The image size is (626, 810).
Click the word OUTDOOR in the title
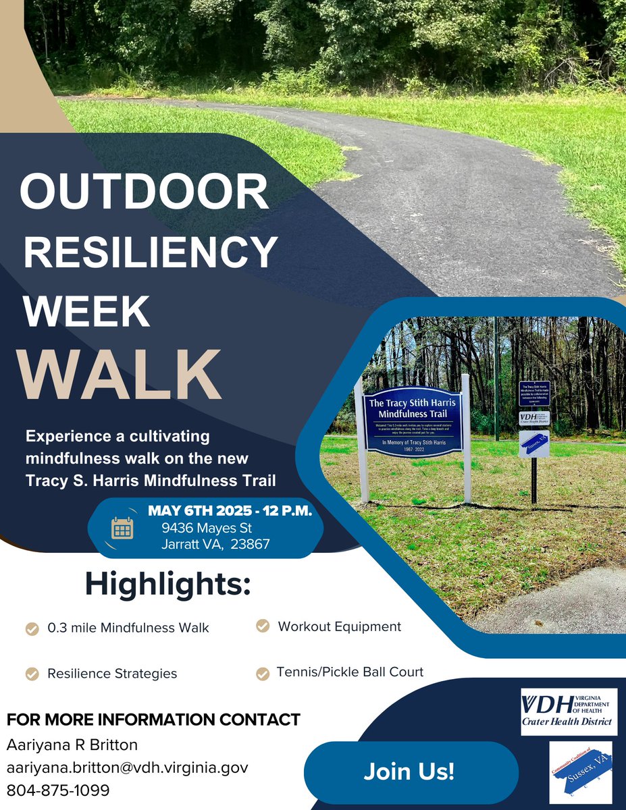coord(144,192)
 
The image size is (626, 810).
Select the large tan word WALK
coord(121,375)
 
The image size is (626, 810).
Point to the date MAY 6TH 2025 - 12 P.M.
coord(230,511)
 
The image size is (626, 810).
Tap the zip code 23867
coord(249,544)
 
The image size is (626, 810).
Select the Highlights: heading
coord(167,583)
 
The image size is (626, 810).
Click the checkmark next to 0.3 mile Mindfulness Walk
coord(32,629)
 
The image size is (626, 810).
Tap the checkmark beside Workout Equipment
coord(263,627)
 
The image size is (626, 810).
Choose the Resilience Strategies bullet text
coord(112,674)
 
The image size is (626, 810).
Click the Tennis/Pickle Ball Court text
coord(350,672)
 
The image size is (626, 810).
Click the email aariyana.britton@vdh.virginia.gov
coord(128,767)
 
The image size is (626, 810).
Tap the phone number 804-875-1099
coord(58,790)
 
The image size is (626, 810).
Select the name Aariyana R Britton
coord(72,745)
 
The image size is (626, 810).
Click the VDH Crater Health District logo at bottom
coord(569,711)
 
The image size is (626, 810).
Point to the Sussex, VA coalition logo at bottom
coord(580,772)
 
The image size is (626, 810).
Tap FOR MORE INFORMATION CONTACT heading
coord(153,720)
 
